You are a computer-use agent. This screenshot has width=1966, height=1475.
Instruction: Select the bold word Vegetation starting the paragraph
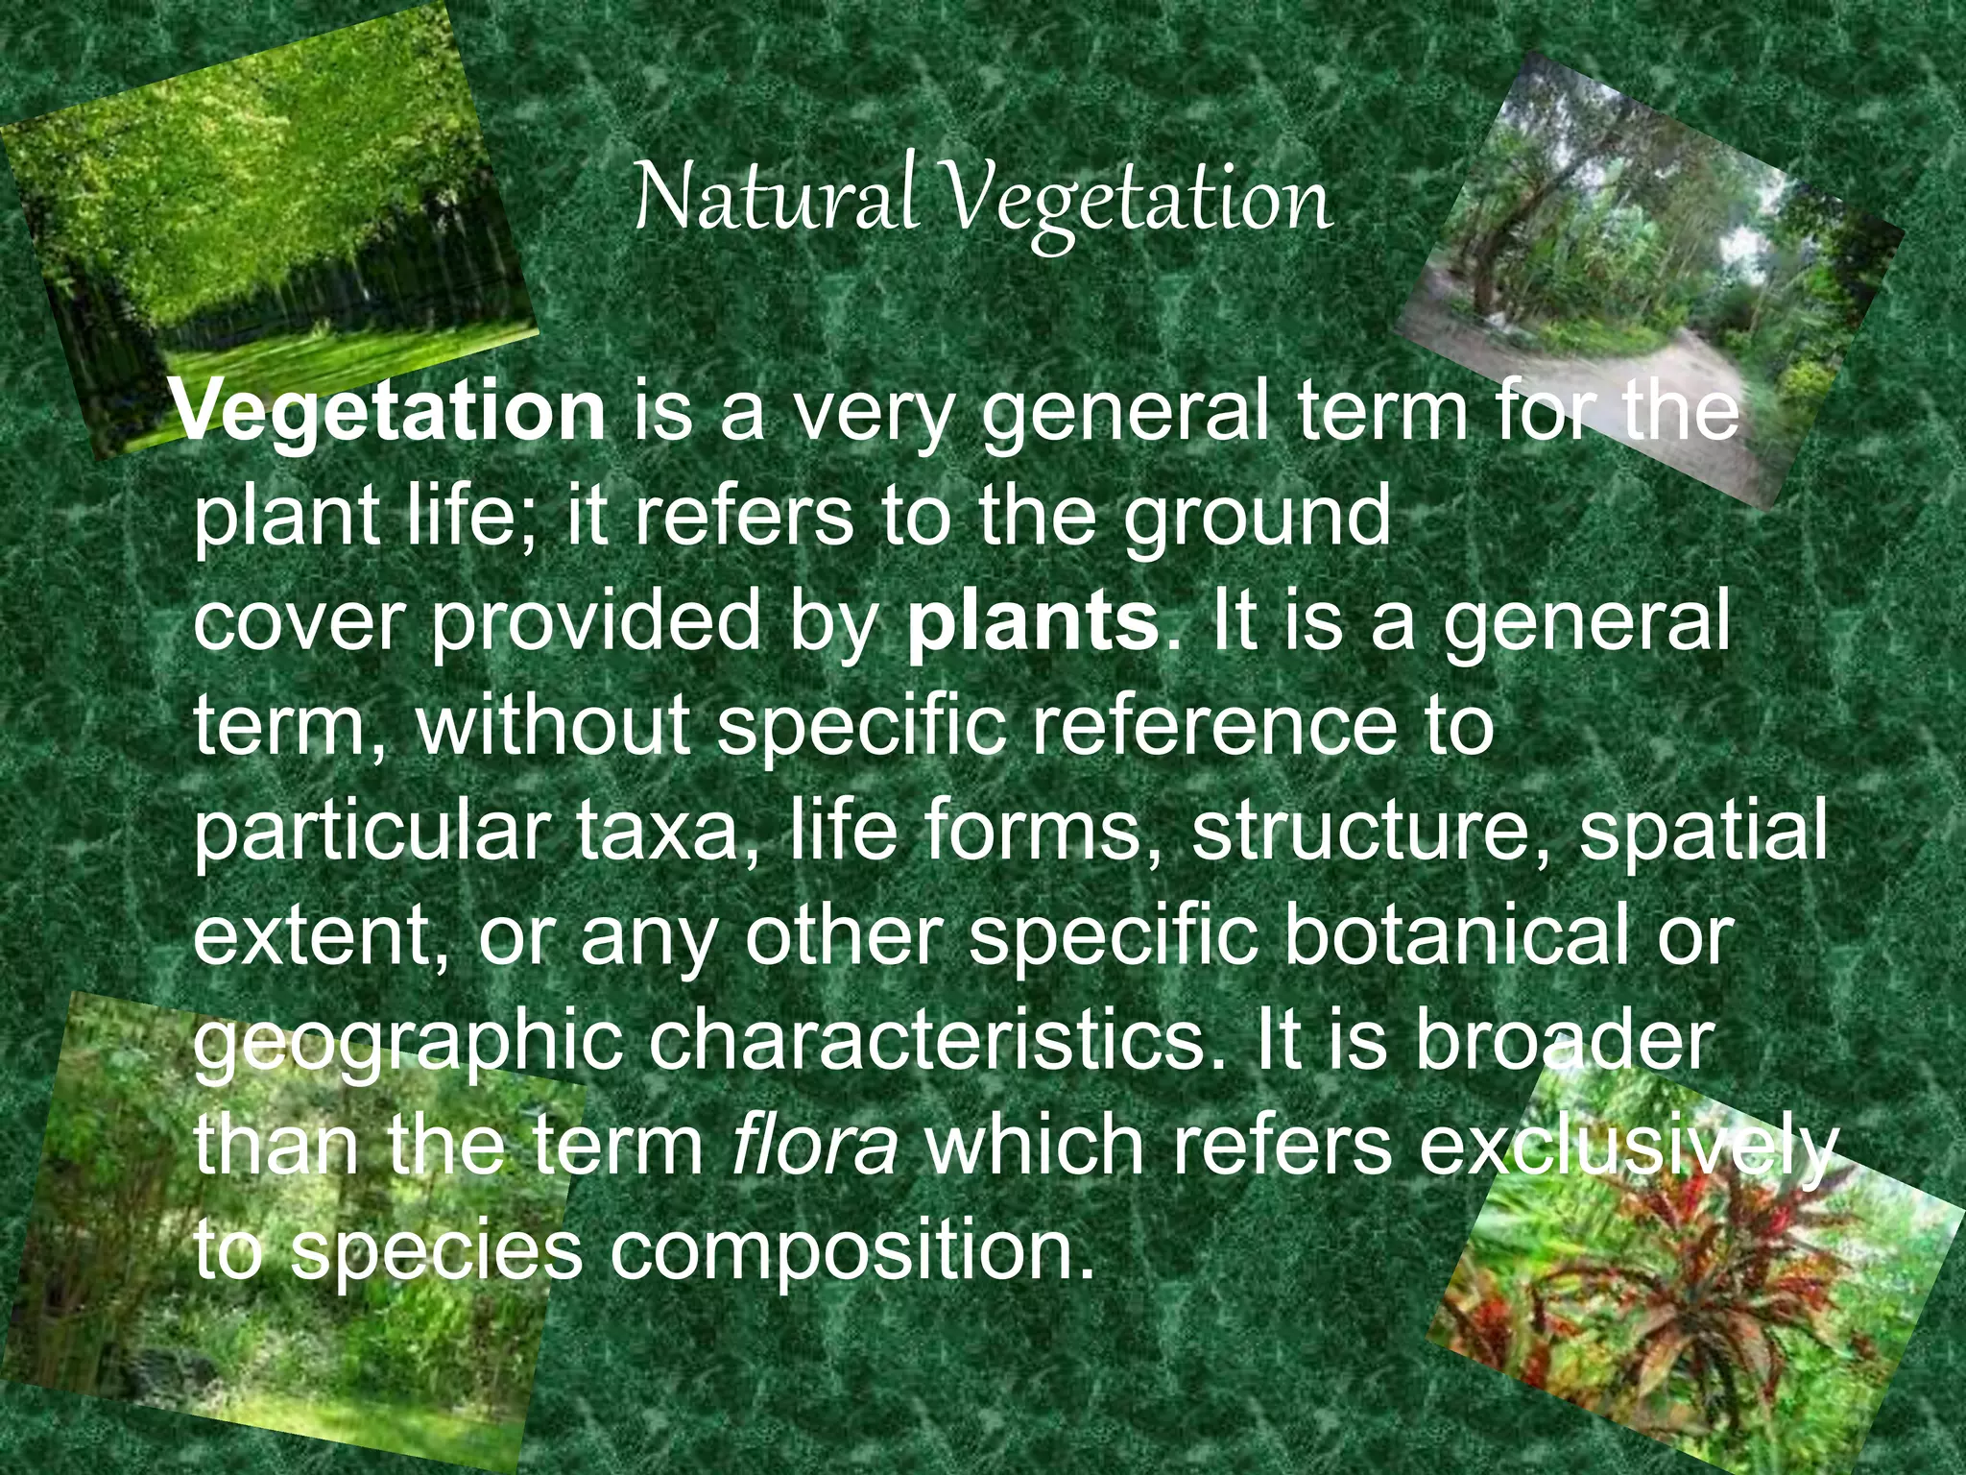tap(390, 411)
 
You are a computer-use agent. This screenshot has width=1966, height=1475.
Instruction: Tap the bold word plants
tap(1033, 620)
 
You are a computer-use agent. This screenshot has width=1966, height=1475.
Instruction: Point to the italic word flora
tap(814, 1145)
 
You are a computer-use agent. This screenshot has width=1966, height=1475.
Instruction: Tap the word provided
tap(595, 622)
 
